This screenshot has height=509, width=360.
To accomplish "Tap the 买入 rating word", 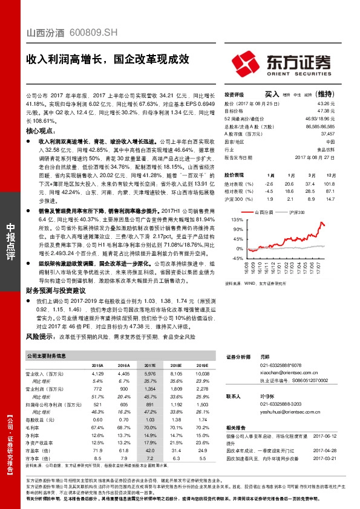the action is click(272, 94).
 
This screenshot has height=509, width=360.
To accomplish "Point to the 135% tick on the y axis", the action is click(236, 219).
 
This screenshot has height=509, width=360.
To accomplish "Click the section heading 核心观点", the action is click(44, 130).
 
